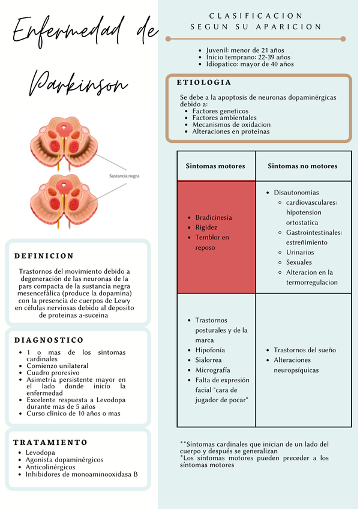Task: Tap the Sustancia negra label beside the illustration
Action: [125, 176]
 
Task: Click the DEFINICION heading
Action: [44, 256]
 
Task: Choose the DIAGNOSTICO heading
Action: [49, 340]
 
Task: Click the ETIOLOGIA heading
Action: [204, 82]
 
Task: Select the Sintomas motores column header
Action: [215, 166]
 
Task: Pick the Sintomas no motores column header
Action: [302, 166]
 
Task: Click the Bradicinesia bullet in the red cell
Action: [214, 217]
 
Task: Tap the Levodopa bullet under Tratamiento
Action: [40, 452]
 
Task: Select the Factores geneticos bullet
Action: [220, 111]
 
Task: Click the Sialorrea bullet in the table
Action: [209, 360]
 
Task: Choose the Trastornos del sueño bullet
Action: [305, 350]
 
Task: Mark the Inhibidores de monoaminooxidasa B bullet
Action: [82, 474]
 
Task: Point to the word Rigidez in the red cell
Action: [206, 227]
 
